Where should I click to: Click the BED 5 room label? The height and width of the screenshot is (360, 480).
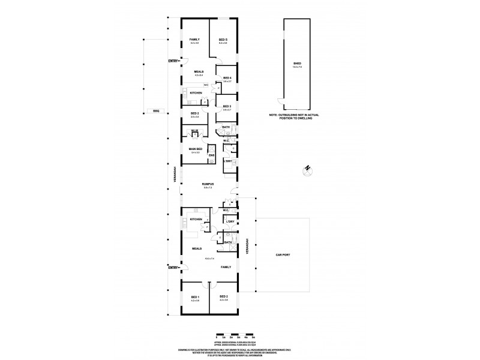coord(223,40)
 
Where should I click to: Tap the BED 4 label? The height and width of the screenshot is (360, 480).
coord(227,78)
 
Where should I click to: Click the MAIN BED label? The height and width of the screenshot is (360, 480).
coord(195,149)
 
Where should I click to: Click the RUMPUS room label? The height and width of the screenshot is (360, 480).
coord(208,184)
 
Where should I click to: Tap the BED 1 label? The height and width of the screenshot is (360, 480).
coord(194,296)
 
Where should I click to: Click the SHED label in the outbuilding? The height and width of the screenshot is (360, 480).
coord(296,63)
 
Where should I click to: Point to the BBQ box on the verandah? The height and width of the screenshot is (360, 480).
coord(156,111)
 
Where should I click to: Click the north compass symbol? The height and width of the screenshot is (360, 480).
coord(307,169)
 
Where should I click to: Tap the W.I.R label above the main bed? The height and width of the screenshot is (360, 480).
coord(194,131)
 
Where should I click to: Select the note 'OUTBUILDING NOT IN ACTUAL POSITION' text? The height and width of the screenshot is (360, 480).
coord(292,117)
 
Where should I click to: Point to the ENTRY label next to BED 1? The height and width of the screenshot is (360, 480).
coord(174,268)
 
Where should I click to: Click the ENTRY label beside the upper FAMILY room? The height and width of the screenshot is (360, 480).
coord(174,61)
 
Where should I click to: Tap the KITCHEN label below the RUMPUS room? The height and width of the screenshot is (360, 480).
coord(196,220)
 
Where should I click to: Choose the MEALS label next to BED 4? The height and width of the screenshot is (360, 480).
coord(199,71)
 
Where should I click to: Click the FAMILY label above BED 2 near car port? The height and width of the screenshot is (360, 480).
coord(226,267)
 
